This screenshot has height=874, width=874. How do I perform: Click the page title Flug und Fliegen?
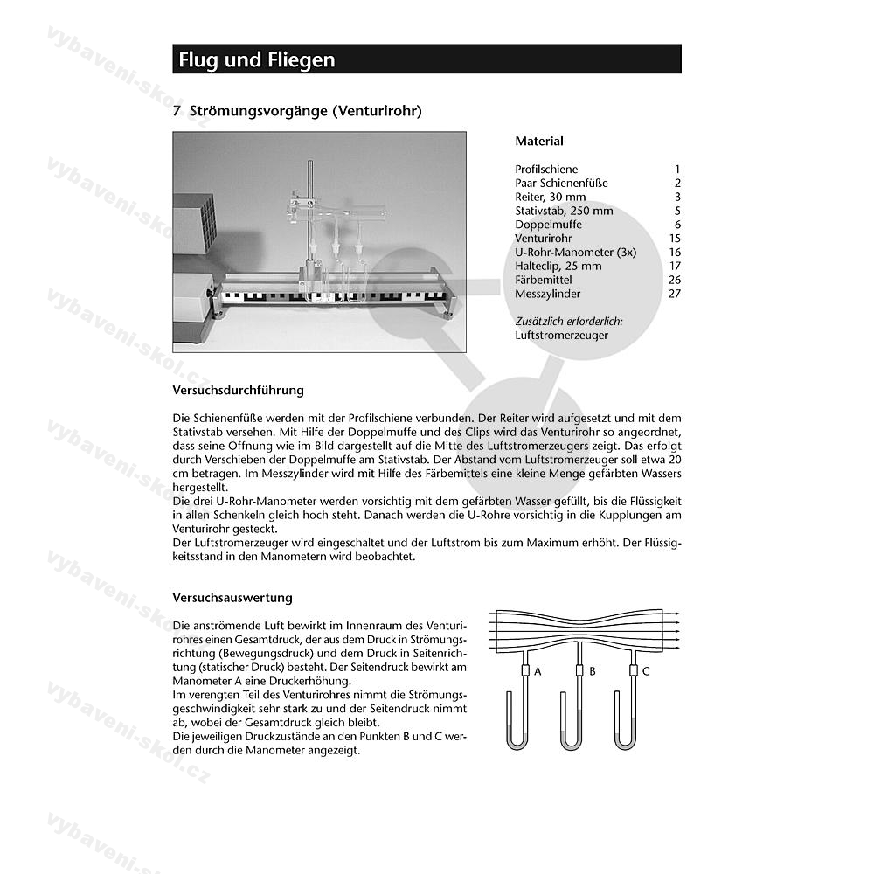pos(257,59)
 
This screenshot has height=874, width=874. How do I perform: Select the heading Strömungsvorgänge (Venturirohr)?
pos(297,111)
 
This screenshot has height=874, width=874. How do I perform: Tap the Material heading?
pos(539,141)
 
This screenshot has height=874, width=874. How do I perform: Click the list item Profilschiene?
pos(546,170)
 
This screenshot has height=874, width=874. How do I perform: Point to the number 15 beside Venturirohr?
pos(674,239)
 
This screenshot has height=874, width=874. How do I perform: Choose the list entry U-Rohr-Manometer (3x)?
pos(575,253)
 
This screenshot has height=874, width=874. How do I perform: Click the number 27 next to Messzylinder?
pos(674,294)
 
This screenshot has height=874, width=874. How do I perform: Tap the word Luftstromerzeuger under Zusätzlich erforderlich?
pos(562,335)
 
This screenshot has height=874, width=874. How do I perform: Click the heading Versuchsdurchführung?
pos(239,390)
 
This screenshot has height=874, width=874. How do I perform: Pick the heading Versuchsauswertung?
pos(232,598)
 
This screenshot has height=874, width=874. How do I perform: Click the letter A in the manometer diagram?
pos(538,671)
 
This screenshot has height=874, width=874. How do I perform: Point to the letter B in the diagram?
pos(593,671)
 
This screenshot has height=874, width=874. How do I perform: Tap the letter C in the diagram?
pos(646,671)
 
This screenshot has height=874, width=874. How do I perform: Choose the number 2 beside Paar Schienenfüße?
pos(676,184)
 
